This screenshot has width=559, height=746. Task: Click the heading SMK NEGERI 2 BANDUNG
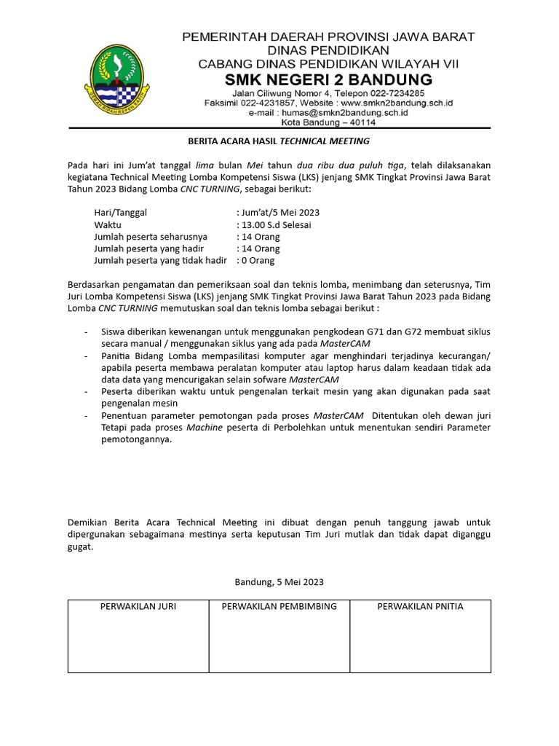(x=328, y=79)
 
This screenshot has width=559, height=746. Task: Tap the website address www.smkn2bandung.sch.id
(x=397, y=103)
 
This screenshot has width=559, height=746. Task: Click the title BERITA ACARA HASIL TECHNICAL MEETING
(x=279, y=141)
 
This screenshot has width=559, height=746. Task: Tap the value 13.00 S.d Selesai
(x=277, y=225)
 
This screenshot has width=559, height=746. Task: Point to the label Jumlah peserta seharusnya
(x=151, y=237)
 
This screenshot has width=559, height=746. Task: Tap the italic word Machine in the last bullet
(x=205, y=427)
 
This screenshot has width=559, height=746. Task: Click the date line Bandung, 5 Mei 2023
(x=279, y=582)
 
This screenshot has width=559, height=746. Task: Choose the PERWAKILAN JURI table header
(x=138, y=606)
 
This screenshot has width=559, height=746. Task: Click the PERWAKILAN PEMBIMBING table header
(x=279, y=606)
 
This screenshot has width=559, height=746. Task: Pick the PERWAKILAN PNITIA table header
(x=420, y=606)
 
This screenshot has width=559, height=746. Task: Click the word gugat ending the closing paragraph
(x=80, y=546)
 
